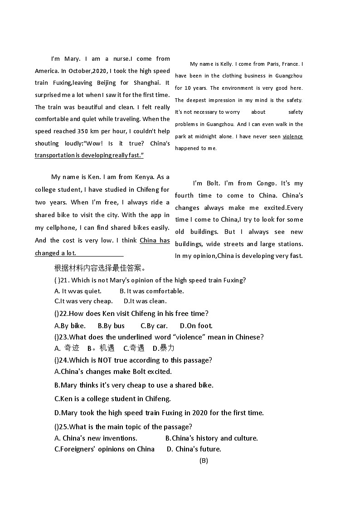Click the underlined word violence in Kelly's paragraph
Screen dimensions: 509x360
coord(292,136)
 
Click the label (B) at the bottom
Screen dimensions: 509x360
coord(204,461)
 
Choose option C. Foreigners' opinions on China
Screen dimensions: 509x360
coord(104,449)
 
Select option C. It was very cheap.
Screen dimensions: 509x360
coord(83,301)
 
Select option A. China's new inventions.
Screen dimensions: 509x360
coord(96,438)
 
